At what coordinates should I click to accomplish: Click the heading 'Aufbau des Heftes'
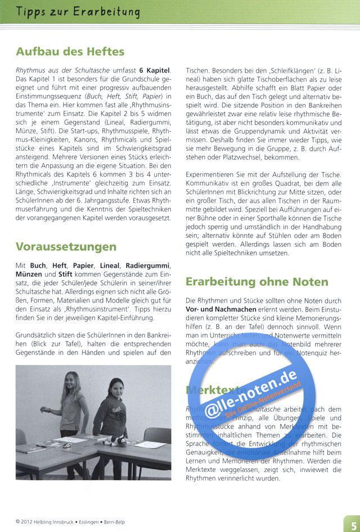[70, 52]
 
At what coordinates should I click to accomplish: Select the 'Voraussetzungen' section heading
[66, 247]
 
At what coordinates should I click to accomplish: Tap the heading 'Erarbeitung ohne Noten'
[257, 281]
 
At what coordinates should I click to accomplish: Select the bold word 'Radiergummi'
[147, 265]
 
